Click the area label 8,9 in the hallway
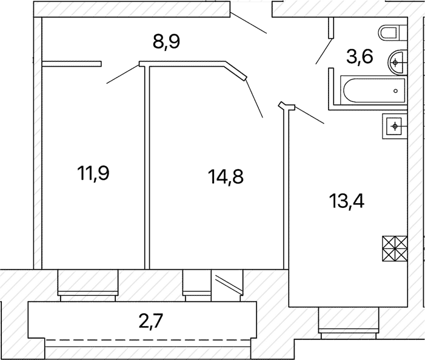[166, 42]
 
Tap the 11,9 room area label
[93, 173]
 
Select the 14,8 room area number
[226, 176]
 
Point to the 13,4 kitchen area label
[347, 201]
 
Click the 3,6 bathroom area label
[360, 56]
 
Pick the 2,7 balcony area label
[151, 321]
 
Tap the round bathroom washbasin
[398, 62]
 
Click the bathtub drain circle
[395, 91]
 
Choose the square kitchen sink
[395, 126]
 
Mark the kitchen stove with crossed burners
[395, 248]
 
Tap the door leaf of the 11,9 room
[123, 74]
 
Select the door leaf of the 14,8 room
[254, 98]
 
